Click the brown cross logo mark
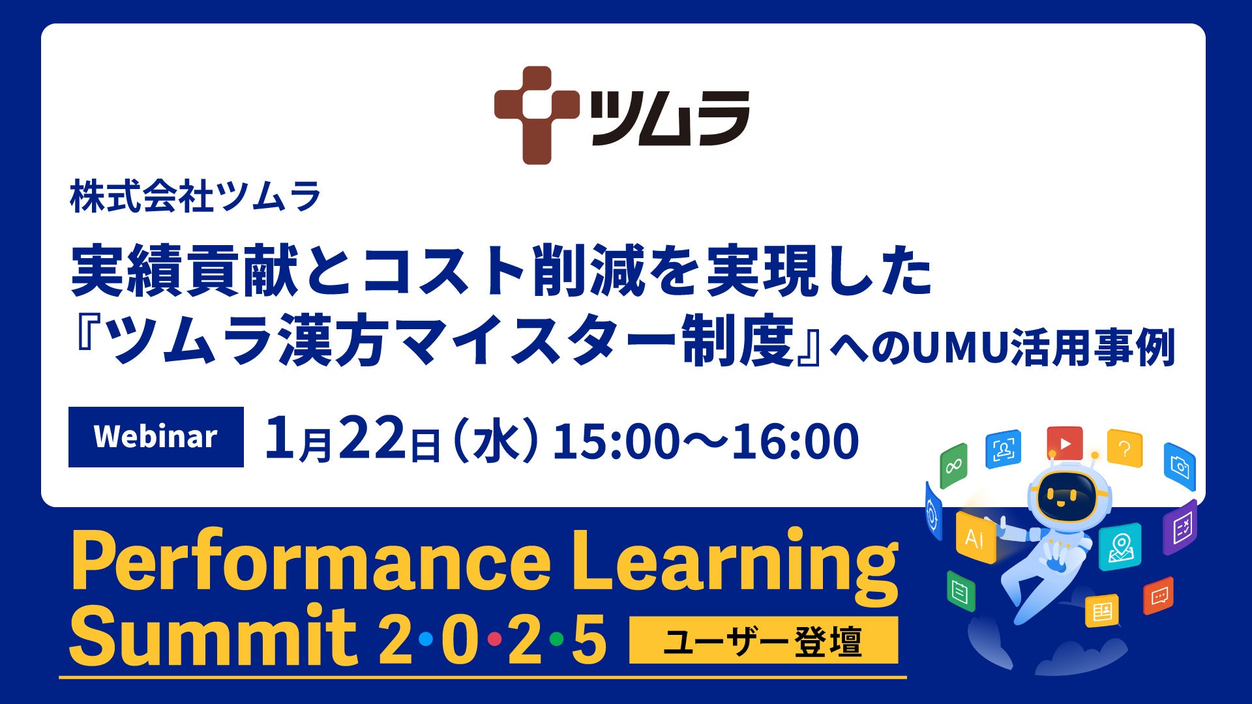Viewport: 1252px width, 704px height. coord(537,115)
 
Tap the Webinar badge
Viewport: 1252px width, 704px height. coord(156,437)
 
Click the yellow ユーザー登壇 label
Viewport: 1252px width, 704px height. coord(764,640)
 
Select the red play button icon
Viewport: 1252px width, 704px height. coord(1064,443)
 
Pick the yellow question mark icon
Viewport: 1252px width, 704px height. coord(1124,447)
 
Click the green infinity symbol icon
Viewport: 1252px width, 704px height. coord(953,465)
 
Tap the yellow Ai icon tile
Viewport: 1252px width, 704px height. coord(976,537)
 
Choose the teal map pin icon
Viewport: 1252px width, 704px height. coord(1120,547)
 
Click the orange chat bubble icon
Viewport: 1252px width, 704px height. coord(1159,596)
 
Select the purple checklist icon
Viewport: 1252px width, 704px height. coord(1181,527)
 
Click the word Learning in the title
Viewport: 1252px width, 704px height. coord(735,562)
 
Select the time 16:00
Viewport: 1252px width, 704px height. coord(796,441)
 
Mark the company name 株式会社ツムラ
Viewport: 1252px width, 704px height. coord(196,197)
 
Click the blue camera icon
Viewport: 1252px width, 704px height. coord(1180,466)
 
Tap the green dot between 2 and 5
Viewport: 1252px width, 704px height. coord(556,639)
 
